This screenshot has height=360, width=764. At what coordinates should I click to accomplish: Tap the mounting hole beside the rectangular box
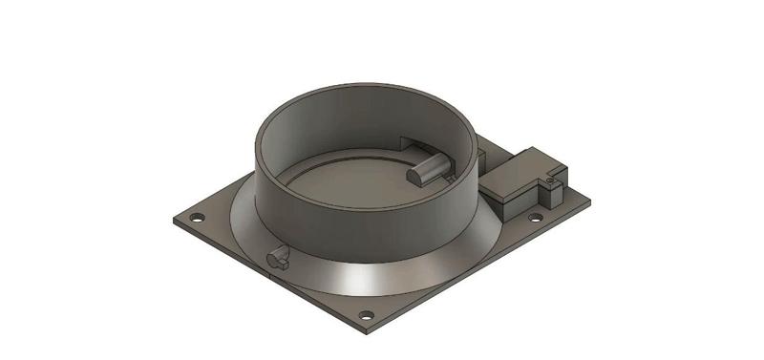tap(536, 217)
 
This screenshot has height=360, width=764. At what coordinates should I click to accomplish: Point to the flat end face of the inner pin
tap(415, 176)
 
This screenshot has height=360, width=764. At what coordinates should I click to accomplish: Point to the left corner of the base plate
tap(174, 222)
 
